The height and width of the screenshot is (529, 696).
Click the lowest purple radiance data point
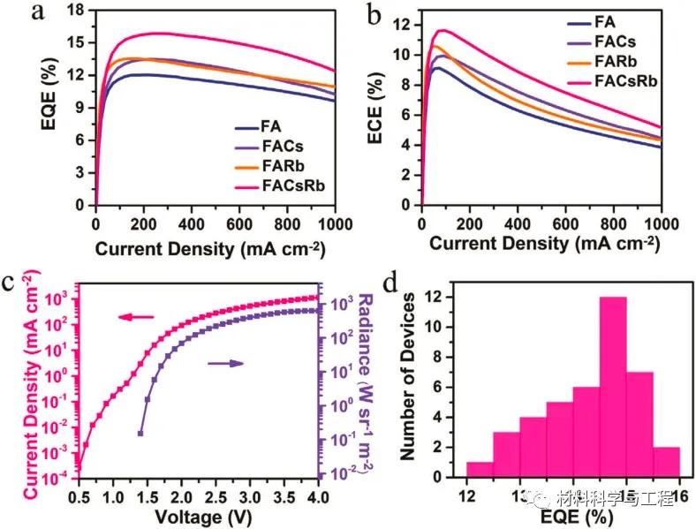click(140, 433)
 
